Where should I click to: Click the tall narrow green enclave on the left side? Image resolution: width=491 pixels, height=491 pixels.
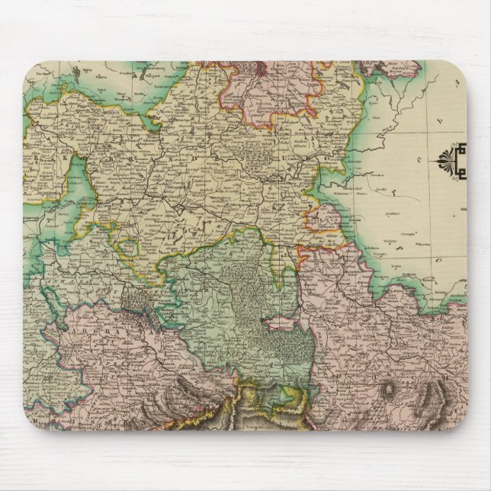(x=79, y=187)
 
